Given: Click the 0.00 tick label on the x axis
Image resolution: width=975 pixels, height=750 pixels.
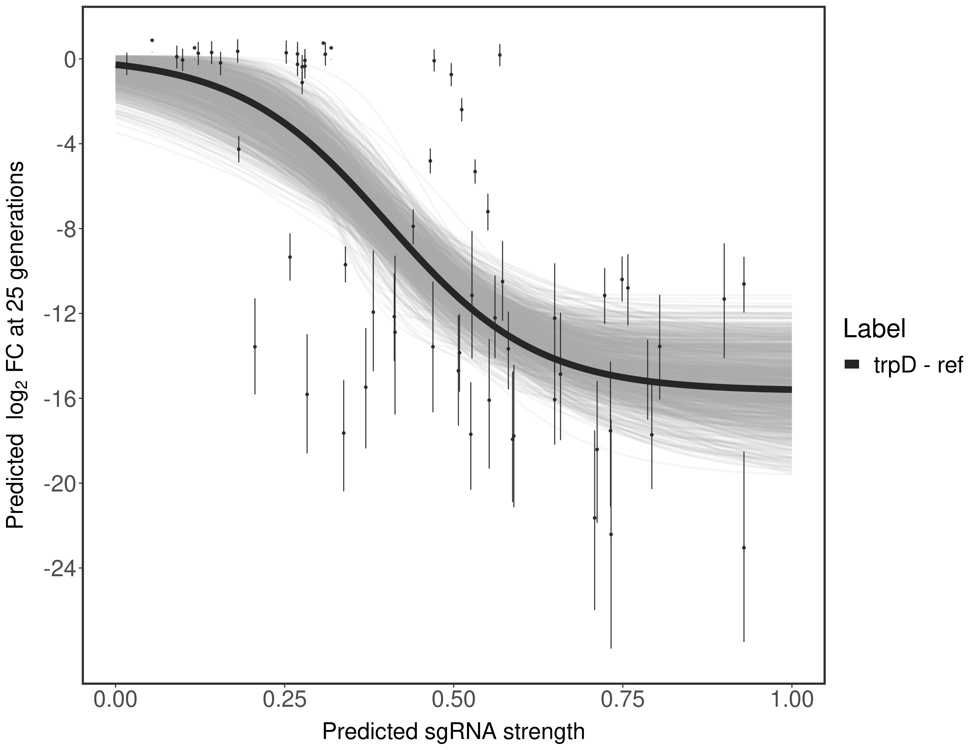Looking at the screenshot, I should click(115, 699).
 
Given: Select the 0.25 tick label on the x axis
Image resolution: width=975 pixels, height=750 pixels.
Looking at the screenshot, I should click(285, 699).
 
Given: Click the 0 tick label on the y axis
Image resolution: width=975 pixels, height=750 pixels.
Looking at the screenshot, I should click(70, 59).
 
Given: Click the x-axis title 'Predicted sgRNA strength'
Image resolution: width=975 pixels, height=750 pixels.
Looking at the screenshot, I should click(453, 732).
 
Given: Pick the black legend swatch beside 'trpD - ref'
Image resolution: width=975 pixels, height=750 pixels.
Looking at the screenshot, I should click(852, 365).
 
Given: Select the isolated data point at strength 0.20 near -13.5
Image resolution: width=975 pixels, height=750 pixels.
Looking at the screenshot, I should click(255, 346).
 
